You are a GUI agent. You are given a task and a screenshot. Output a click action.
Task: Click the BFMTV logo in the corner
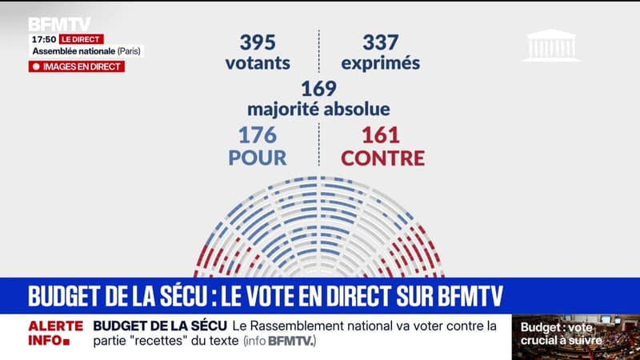[59, 24]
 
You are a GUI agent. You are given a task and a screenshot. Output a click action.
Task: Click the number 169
[318, 88]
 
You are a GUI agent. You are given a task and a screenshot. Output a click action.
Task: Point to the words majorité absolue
[318, 108]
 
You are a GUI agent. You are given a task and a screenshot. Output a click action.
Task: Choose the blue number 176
[256, 134]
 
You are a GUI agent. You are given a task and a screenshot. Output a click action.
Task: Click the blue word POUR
[258, 158]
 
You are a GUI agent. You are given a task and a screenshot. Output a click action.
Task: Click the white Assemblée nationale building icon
[551, 46]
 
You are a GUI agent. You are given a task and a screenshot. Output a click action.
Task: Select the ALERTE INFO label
[56, 334]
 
